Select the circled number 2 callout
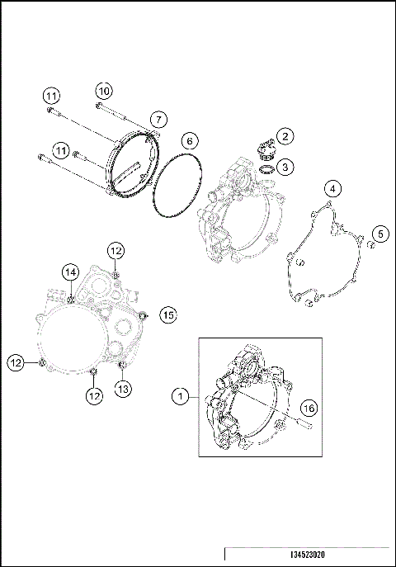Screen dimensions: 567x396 pyautogui.click(x=284, y=136)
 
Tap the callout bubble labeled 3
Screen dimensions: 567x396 pyautogui.click(x=285, y=167)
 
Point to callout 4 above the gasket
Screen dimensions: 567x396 pyautogui.click(x=331, y=188)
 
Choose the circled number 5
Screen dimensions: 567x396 pyautogui.click(x=381, y=234)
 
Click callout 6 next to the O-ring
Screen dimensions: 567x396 pyautogui.click(x=188, y=140)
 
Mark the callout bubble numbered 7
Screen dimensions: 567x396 pyautogui.click(x=158, y=120)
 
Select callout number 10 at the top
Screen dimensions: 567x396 pyautogui.click(x=103, y=89)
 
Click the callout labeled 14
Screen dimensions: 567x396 pyautogui.click(x=71, y=272)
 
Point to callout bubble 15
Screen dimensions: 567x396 pyautogui.click(x=168, y=314)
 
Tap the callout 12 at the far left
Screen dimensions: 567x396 pyautogui.click(x=16, y=361)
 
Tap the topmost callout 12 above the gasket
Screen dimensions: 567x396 pyautogui.click(x=115, y=250)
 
